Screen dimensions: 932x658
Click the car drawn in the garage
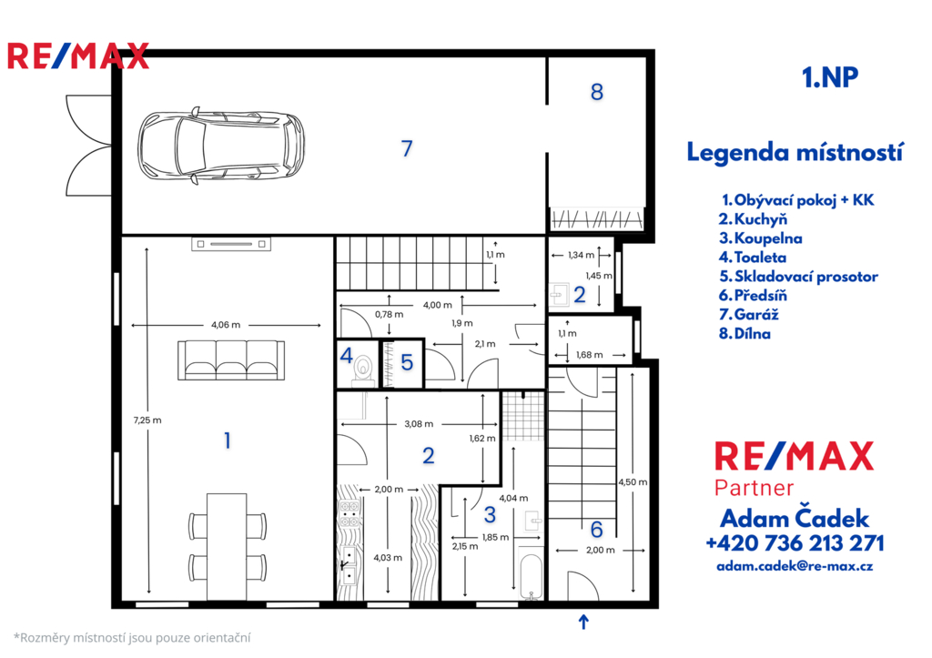pos(221,146)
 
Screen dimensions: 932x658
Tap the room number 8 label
pos(597,92)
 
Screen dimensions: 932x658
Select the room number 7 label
pos(407,148)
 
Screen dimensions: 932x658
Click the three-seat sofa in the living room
pos(230,360)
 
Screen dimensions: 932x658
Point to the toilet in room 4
pos(362,369)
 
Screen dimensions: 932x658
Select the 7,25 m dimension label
pos(147,420)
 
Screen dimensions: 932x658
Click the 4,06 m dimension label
pos(226,325)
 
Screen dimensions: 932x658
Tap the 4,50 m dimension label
pos(633,482)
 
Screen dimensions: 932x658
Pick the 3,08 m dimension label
pos(419,424)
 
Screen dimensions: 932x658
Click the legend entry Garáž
pos(748,314)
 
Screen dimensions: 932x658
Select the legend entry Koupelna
pos(760,238)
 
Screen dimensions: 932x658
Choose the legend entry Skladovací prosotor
pos(798,277)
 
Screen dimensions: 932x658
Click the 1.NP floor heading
pos(830,77)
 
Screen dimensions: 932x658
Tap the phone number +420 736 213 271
pos(795,542)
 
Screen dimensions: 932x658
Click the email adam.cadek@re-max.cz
pos(795,566)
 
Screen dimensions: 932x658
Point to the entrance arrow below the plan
pos(583,622)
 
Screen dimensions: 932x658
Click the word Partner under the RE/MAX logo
pos(754,488)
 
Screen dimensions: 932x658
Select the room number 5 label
pos(407,362)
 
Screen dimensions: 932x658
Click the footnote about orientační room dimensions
pos(132,638)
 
